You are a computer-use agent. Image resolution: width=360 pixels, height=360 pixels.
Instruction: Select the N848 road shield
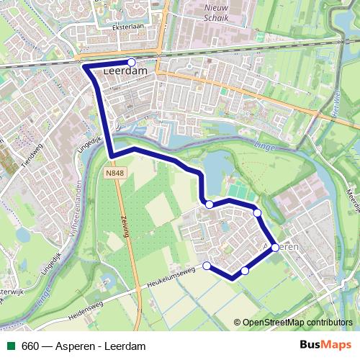(x=113, y=174)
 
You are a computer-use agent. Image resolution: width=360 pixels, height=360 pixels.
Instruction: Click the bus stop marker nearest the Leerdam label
(x=131, y=62)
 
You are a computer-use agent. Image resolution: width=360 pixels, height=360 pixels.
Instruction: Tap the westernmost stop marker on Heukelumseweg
(x=207, y=266)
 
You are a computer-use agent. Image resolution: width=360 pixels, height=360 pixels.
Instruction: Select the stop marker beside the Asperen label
(x=275, y=247)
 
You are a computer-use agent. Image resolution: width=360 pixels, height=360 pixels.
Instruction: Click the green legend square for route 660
(x=11, y=346)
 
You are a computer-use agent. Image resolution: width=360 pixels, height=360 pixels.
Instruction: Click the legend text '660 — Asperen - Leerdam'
(x=84, y=346)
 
